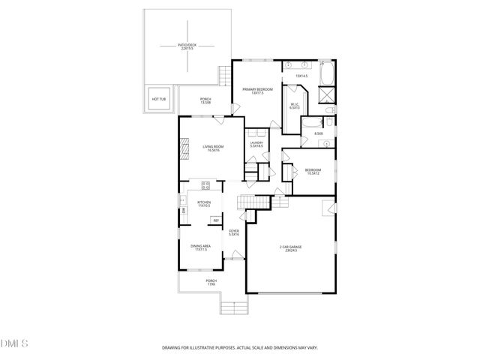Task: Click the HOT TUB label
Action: coord(159,99)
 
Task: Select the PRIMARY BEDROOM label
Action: coord(257,91)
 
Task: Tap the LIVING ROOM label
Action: coord(214,148)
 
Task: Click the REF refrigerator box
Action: coord(216,220)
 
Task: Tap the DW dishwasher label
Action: coord(183,211)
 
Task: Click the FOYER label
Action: coord(234,232)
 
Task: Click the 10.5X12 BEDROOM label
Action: coord(313,172)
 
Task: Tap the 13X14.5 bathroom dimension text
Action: coord(302,76)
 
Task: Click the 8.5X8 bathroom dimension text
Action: coord(318,134)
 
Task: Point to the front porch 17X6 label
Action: coord(211,283)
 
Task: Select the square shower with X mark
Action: coord(327,95)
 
